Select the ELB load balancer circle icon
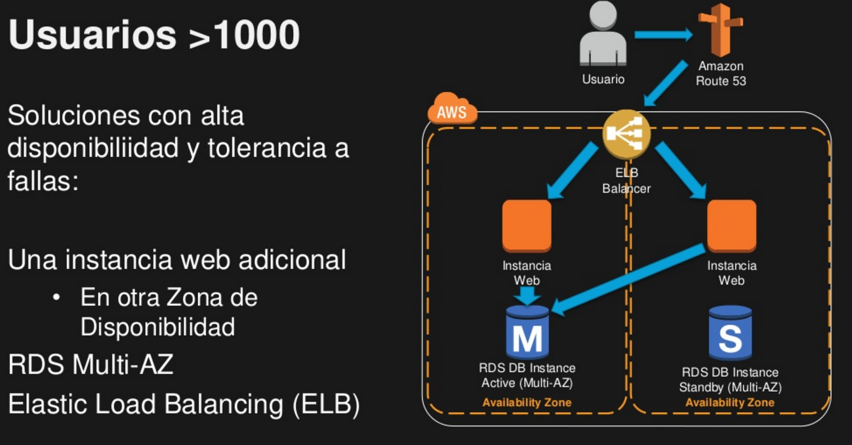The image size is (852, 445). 626,135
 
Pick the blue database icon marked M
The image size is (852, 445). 527,333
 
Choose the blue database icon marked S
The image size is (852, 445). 730,333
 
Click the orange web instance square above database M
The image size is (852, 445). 527,225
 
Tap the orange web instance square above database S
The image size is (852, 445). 731,225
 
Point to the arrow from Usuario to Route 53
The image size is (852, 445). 662,34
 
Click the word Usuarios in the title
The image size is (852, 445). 92,35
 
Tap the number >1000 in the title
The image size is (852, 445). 244,35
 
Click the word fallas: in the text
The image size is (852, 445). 43,181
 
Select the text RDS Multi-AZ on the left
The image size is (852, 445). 91,364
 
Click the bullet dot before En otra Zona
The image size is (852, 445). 58,299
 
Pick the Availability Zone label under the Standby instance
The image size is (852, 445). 729,402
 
